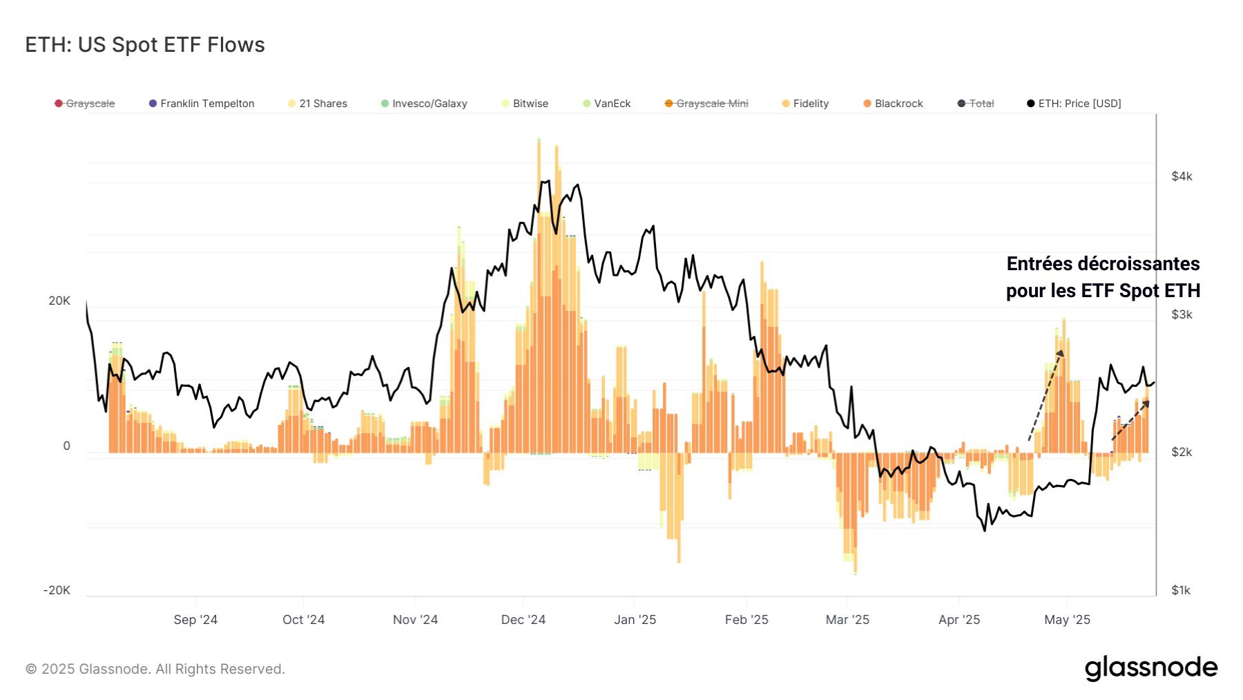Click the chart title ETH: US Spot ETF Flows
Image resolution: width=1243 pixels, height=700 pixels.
[145, 45]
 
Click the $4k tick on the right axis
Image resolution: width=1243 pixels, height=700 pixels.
[1182, 177]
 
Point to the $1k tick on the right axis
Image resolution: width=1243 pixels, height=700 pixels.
[1181, 591]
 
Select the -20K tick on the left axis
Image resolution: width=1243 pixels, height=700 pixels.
[57, 591]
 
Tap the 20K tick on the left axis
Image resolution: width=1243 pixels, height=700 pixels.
[59, 301]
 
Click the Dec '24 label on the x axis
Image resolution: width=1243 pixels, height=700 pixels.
[523, 620]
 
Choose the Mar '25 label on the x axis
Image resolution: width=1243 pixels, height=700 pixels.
[847, 620]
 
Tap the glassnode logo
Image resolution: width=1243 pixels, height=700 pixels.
[1151, 668]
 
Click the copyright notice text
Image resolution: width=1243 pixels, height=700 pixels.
[155, 669]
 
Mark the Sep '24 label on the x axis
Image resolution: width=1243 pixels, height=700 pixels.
[195, 620]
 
